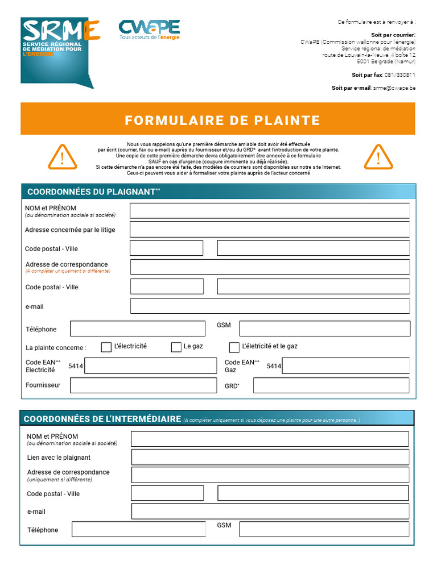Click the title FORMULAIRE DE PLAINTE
click(x=222, y=120)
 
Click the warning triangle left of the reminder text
click(x=63, y=157)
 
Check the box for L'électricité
click(x=106, y=347)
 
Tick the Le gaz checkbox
click(x=176, y=347)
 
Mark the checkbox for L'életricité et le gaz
click(x=234, y=347)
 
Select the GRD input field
click(x=331, y=385)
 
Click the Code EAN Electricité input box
click(x=150, y=366)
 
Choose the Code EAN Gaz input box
click(x=345, y=366)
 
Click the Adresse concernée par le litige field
click(x=269, y=230)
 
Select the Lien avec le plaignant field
click(x=270, y=457)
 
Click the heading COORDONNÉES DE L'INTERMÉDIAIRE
click(x=102, y=419)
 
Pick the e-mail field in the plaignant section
click(x=270, y=306)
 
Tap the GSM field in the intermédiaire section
click(x=324, y=530)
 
